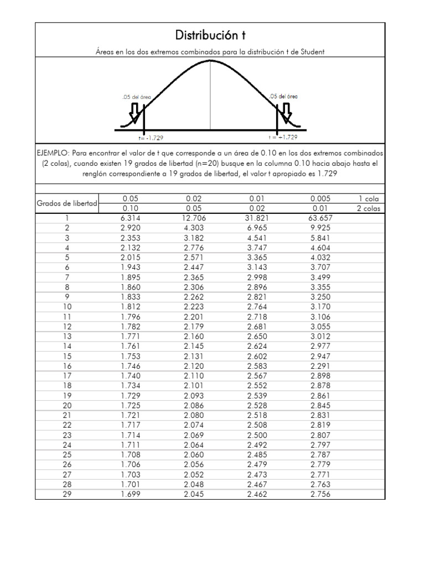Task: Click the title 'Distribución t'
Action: pos(210,36)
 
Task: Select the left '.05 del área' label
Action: pos(136,96)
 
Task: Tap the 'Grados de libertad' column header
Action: pos(67,203)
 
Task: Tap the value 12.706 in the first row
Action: pos(194,218)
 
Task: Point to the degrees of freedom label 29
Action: pos(67,494)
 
